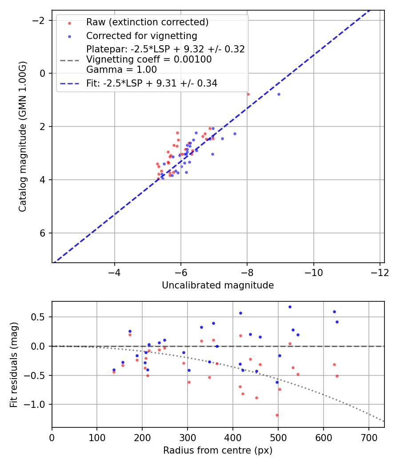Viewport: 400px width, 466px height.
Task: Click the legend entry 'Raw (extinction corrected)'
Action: pyautogui.click(x=147, y=22)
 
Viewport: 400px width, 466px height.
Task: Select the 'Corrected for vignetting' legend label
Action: pyautogui.click(x=141, y=36)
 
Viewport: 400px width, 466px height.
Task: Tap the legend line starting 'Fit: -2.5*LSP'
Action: pyautogui.click(x=152, y=83)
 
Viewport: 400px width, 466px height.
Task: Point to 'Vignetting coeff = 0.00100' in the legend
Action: pyautogui.click(x=149, y=59)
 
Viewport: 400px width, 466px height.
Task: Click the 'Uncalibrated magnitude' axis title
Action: pyautogui.click(x=218, y=285)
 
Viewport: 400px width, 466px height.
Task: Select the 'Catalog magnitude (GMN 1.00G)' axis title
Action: pyautogui.click(x=23, y=136)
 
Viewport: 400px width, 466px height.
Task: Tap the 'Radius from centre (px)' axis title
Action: pyautogui.click(x=218, y=450)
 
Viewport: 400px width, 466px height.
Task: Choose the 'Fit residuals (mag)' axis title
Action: pyautogui.click(x=14, y=364)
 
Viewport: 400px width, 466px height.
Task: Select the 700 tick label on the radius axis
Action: pyautogui.click(x=368, y=438)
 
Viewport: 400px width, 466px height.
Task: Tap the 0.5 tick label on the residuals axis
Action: pyautogui.click(x=41, y=317)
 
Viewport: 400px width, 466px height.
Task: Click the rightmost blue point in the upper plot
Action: pyautogui.click(x=279, y=94)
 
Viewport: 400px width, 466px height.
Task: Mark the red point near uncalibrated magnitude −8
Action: pyautogui.click(x=248, y=94)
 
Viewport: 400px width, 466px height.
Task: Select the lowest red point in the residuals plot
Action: pyautogui.click(x=277, y=415)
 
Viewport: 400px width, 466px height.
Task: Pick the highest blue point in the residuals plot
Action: pyautogui.click(x=290, y=307)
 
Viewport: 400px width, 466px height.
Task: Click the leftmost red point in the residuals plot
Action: pyautogui.click(x=114, y=372)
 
